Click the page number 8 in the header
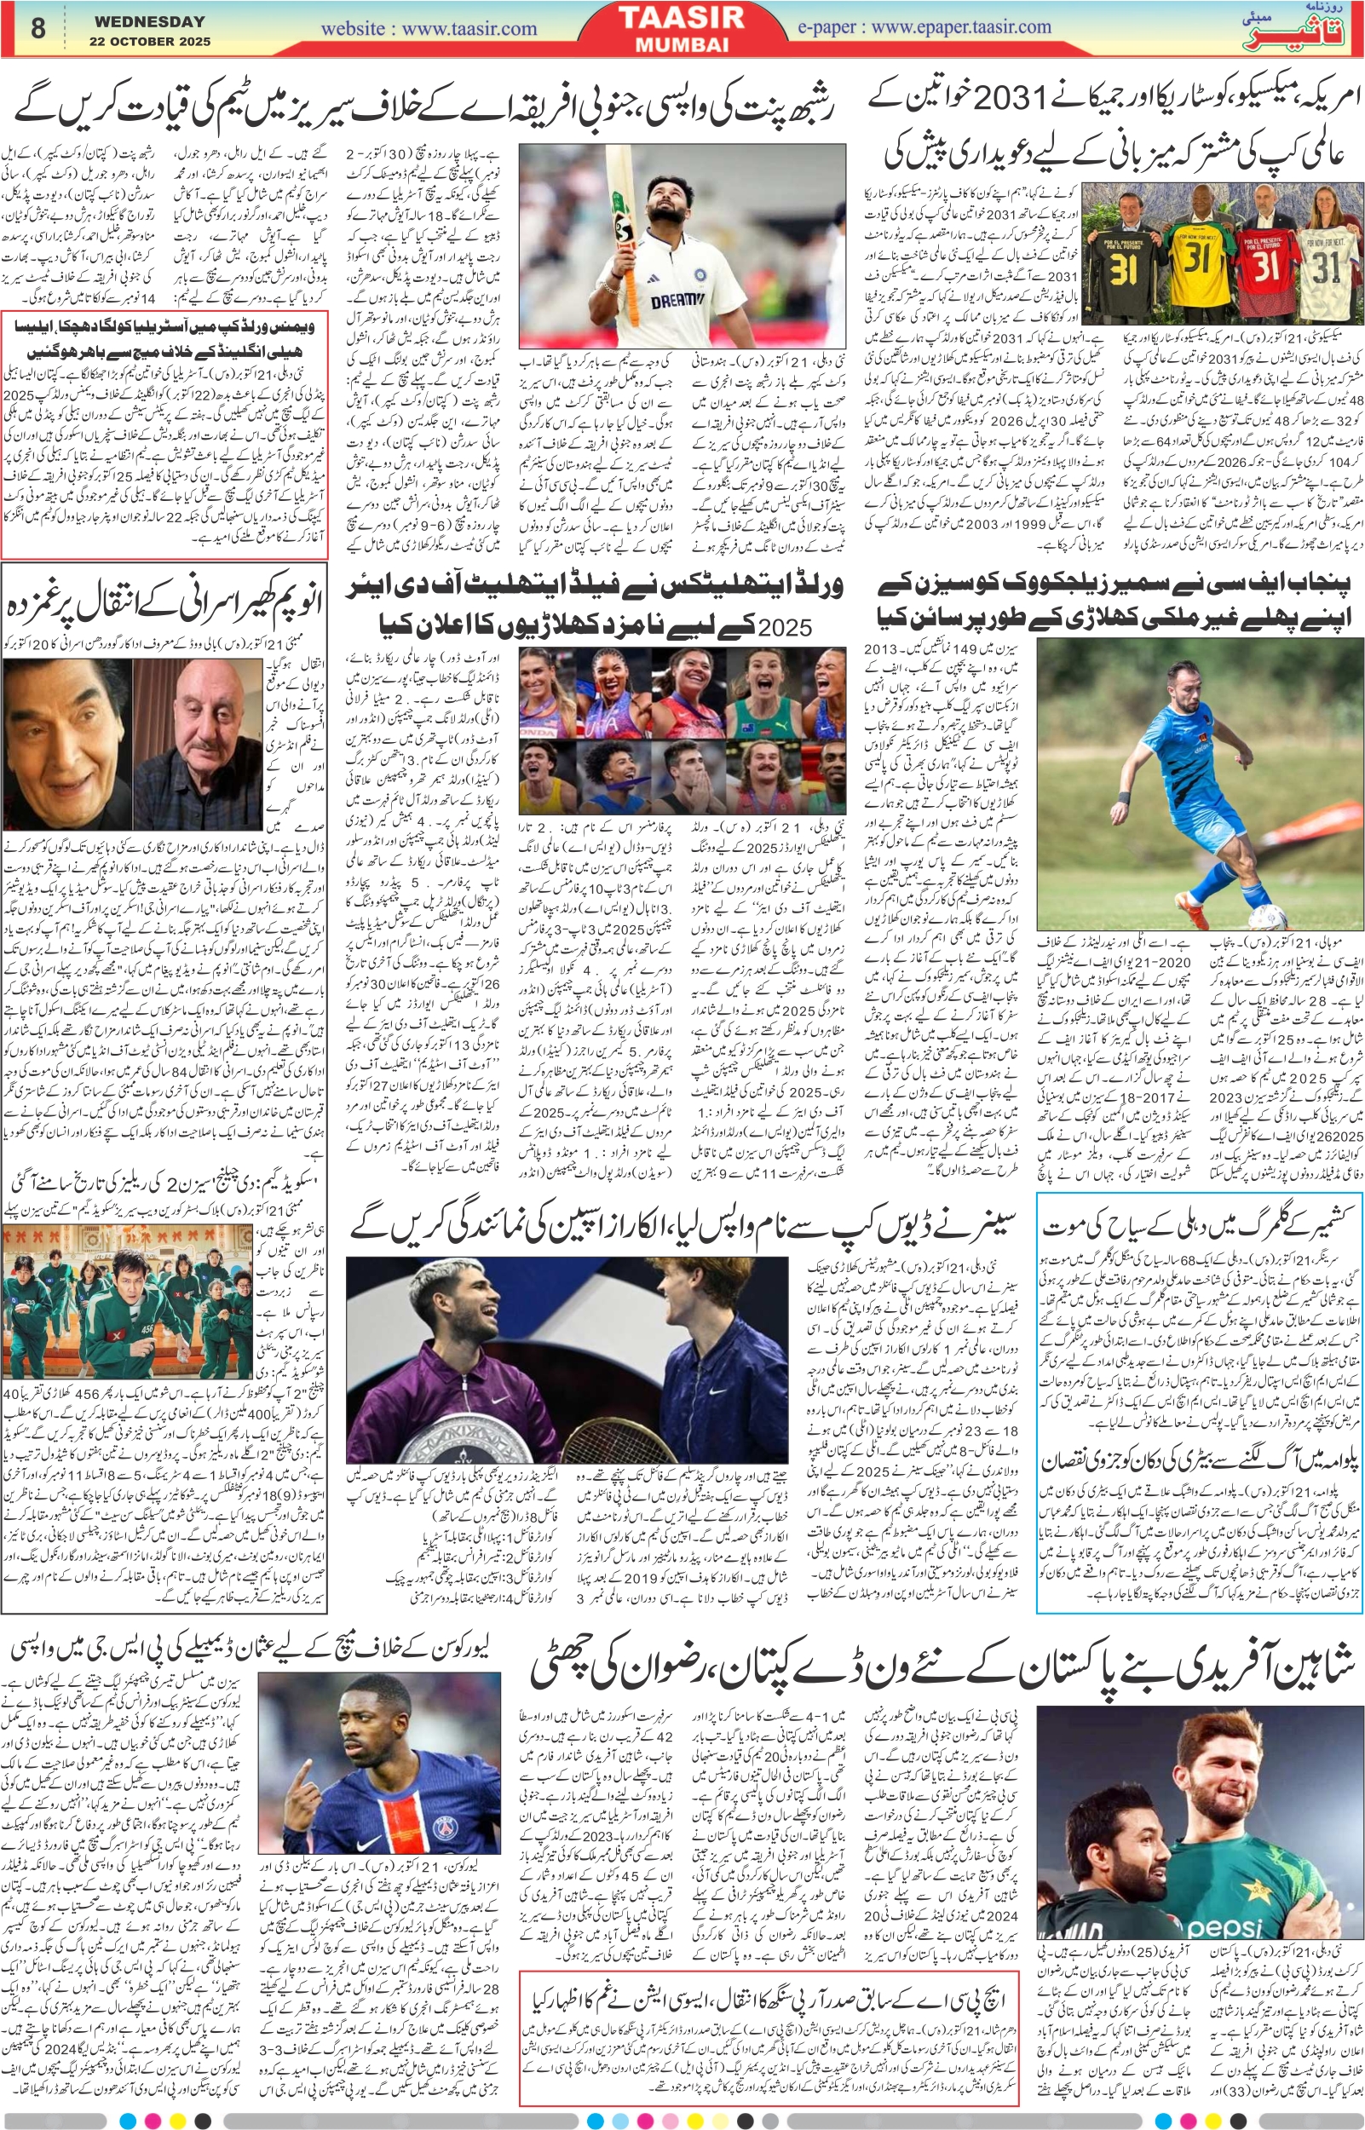coord(38,28)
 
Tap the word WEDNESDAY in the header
coord(149,21)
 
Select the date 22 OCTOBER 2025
coord(149,42)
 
